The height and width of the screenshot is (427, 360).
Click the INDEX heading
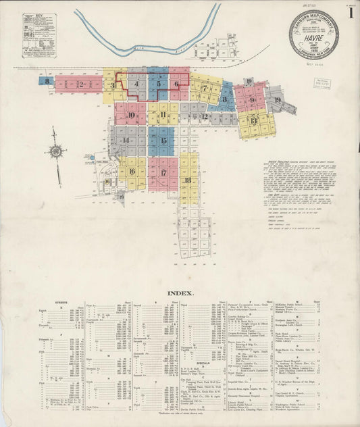[180, 293]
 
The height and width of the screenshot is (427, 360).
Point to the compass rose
[56, 152]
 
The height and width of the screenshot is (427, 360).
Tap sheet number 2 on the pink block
[80, 84]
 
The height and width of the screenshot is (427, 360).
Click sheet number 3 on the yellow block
[112, 86]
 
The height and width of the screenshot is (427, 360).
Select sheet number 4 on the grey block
[137, 84]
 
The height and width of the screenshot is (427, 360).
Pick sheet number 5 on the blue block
[159, 84]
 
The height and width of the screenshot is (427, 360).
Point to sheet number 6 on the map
[176, 84]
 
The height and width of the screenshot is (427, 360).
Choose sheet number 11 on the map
[164, 115]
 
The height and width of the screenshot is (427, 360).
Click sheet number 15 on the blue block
[163, 141]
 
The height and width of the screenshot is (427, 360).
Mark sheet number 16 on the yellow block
[132, 172]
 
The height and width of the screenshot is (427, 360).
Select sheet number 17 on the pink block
[163, 172]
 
